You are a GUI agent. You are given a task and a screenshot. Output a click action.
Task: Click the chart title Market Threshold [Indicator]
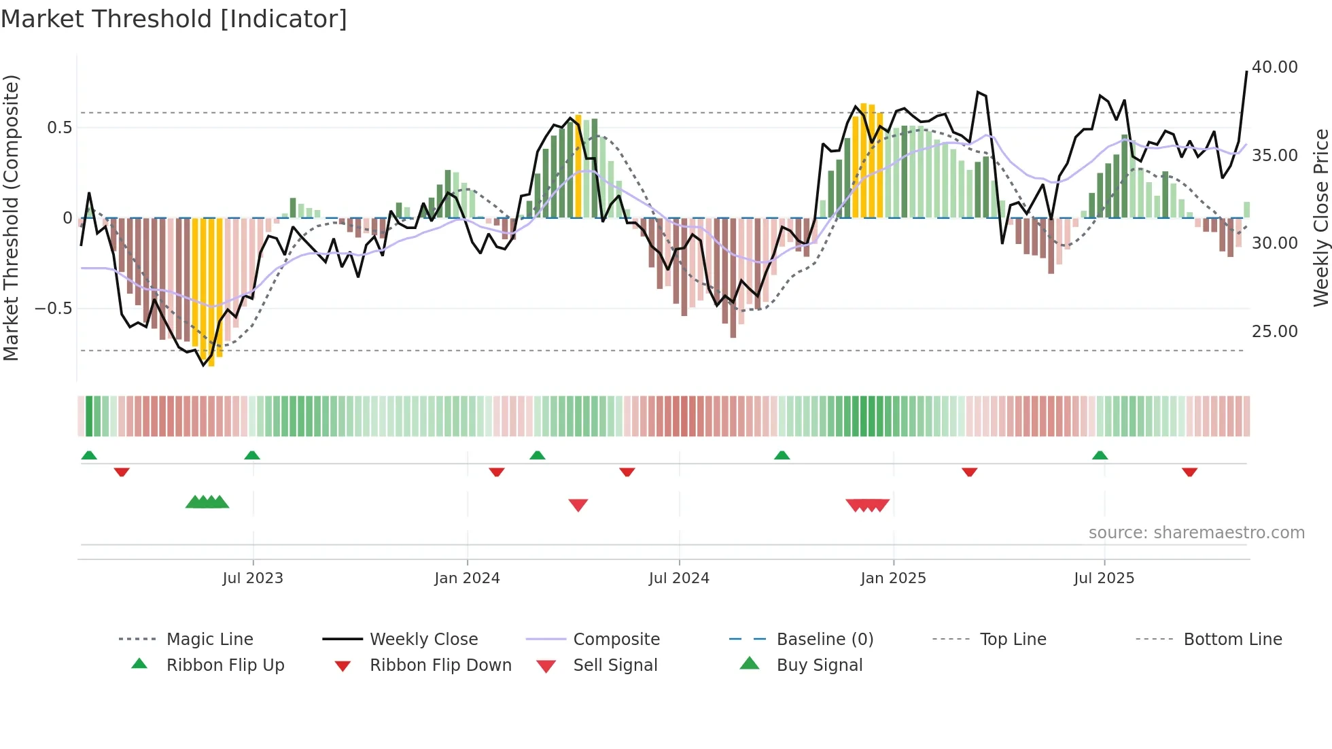pyautogui.click(x=174, y=19)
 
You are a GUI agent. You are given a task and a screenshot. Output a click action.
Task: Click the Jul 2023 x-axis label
pyautogui.click(x=253, y=578)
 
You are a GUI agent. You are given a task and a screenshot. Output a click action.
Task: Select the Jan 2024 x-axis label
pyautogui.click(x=467, y=578)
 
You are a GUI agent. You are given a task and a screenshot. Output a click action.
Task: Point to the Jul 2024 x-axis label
pyautogui.click(x=679, y=578)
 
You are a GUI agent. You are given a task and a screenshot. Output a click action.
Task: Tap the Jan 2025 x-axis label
pyautogui.click(x=893, y=578)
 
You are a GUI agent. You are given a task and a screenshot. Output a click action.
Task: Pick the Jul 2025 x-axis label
pyautogui.click(x=1104, y=578)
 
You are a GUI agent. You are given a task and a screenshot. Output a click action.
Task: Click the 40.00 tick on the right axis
pyautogui.click(x=1275, y=67)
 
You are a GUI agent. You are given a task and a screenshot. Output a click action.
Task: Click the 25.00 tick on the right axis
pyautogui.click(x=1275, y=332)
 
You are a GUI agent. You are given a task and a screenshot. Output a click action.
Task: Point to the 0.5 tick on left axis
pyautogui.click(x=59, y=128)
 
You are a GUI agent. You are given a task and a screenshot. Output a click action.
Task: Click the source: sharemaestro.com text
pyautogui.click(x=1196, y=533)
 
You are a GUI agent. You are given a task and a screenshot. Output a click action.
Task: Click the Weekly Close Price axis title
pyautogui.click(x=1320, y=217)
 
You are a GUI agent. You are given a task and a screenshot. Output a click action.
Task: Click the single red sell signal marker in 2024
pyautogui.click(x=578, y=505)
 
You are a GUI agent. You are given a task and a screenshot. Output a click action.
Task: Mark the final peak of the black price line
pyautogui.click(x=1246, y=71)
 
